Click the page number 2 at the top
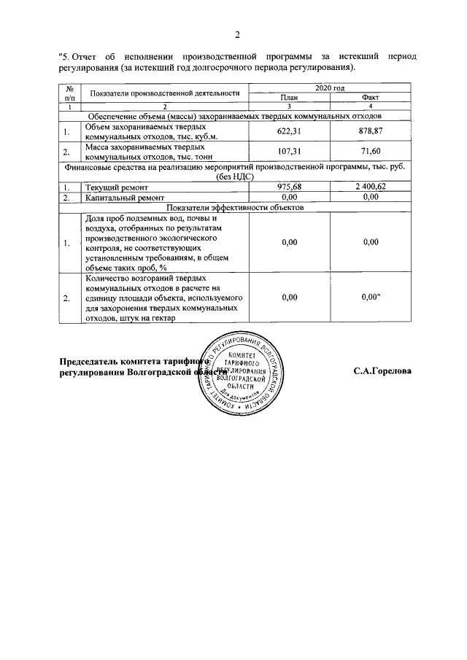tap(238, 34)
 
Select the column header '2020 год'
tap(328, 88)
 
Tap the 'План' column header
tap(289, 97)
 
